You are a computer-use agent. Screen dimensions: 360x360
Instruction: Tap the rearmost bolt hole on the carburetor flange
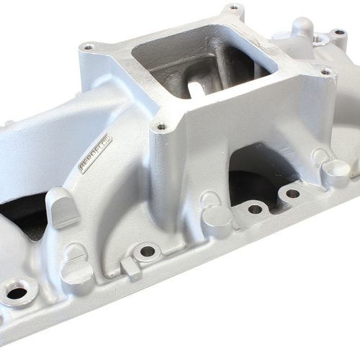(x=234, y=9)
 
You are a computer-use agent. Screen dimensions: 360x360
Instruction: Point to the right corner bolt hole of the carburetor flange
(x=325, y=71)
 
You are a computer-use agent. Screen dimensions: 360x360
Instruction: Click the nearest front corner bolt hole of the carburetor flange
(x=160, y=127)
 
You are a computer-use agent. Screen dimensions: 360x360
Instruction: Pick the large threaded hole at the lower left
(x=16, y=292)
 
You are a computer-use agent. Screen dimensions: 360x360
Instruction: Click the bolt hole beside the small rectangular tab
(x=148, y=251)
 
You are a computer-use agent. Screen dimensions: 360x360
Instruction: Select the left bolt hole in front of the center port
(x=255, y=209)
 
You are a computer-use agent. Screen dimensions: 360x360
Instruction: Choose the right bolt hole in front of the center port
(x=292, y=193)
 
